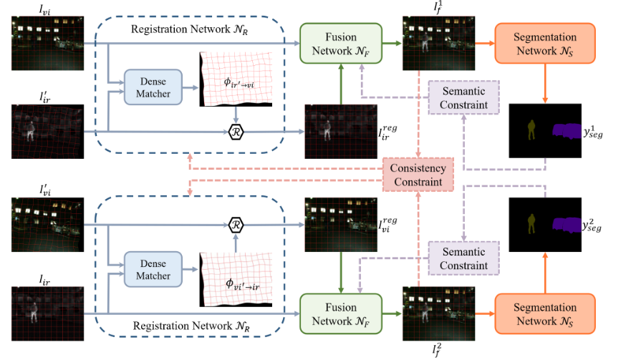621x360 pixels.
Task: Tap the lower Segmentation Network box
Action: (x=546, y=312)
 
